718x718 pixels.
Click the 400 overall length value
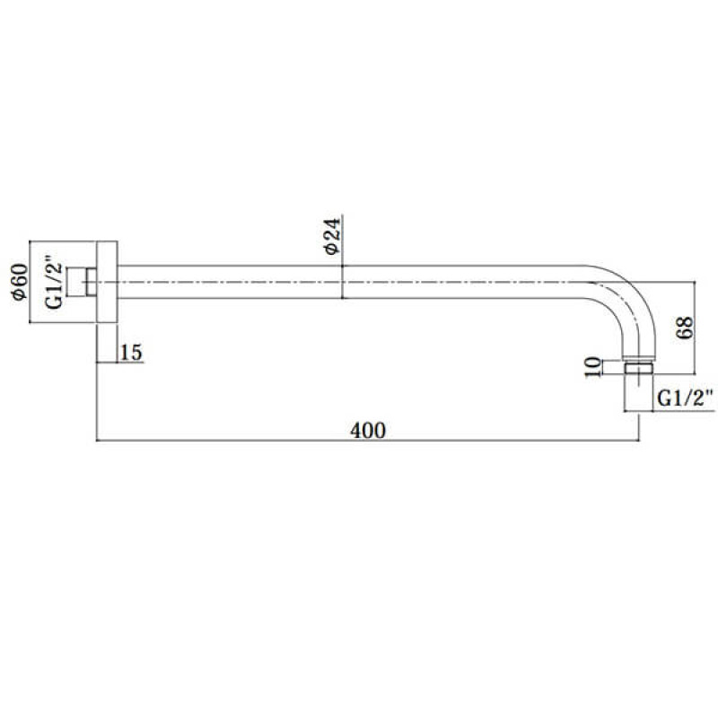click(368, 431)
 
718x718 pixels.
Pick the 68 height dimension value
click(684, 327)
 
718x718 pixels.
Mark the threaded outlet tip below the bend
click(640, 368)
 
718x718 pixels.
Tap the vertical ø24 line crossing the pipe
click(342, 260)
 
